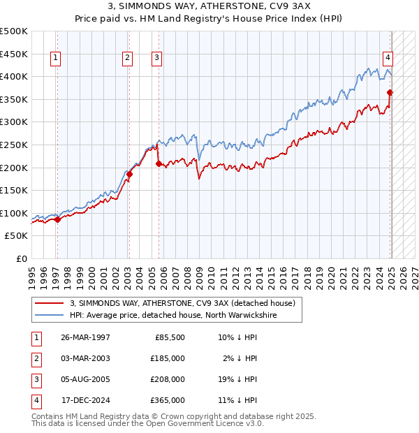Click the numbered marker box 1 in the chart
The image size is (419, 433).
[x=55, y=58]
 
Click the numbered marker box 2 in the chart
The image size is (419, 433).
[x=128, y=58]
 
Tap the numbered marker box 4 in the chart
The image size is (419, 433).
[x=388, y=58]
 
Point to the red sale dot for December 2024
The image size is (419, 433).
[x=390, y=92]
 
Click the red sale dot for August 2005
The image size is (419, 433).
[x=159, y=163]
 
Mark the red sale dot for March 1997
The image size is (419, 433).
[x=57, y=219]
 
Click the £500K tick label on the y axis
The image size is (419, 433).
[x=14, y=31]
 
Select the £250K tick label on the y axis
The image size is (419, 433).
[x=14, y=145]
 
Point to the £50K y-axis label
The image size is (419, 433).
[x=17, y=236]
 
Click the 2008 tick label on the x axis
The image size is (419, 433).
[x=186, y=273]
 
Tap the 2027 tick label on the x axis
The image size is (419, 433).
[x=413, y=273]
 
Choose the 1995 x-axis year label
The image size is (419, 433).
[x=32, y=273]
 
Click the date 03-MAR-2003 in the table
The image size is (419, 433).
[x=85, y=358]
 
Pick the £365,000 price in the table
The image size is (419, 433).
[x=168, y=400]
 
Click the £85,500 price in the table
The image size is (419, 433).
[x=170, y=337]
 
